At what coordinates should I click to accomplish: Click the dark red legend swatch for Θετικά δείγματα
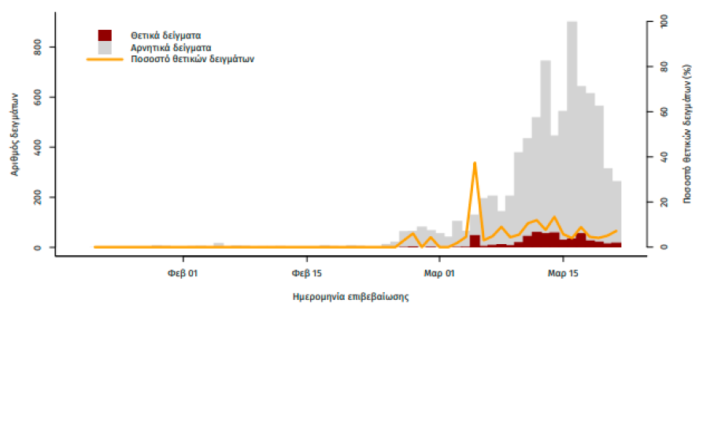pyautogui.click(x=105, y=35)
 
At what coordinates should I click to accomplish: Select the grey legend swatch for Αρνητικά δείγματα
pyautogui.click(x=105, y=47)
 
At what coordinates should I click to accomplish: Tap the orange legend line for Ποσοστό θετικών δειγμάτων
pyautogui.click(x=105, y=59)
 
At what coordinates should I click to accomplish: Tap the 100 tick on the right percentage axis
pyautogui.click(x=664, y=22)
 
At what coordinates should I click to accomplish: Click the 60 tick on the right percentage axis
pyautogui.click(x=664, y=112)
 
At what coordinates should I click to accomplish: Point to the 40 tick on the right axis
pyautogui.click(x=664, y=157)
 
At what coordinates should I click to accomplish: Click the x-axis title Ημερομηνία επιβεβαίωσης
pyautogui.click(x=350, y=298)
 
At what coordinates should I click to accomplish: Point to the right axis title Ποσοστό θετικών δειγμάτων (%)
pyautogui.click(x=687, y=134)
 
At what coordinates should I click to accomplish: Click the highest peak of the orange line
pyautogui.click(x=475, y=163)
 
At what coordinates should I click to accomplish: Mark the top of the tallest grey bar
pyautogui.click(x=572, y=22)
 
